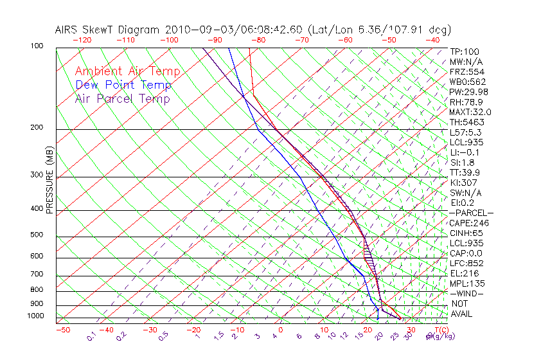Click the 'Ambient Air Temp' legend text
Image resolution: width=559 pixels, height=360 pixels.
(x=127, y=71)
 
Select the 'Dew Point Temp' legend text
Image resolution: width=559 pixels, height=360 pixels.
(x=123, y=85)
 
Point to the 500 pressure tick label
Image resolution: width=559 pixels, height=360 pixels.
(x=36, y=235)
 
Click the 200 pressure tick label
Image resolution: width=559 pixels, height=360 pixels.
(x=36, y=128)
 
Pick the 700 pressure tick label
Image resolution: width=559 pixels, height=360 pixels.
(x=36, y=274)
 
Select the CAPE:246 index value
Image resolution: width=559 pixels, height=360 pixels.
(x=469, y=223)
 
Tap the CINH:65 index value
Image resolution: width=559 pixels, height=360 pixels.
(x=467, y=233)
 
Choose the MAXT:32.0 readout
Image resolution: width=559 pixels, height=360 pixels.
(x=470, y=112)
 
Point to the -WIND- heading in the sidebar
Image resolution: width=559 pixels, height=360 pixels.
(x=466, y=293)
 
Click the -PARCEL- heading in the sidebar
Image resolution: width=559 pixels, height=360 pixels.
(x=471, y=213)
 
